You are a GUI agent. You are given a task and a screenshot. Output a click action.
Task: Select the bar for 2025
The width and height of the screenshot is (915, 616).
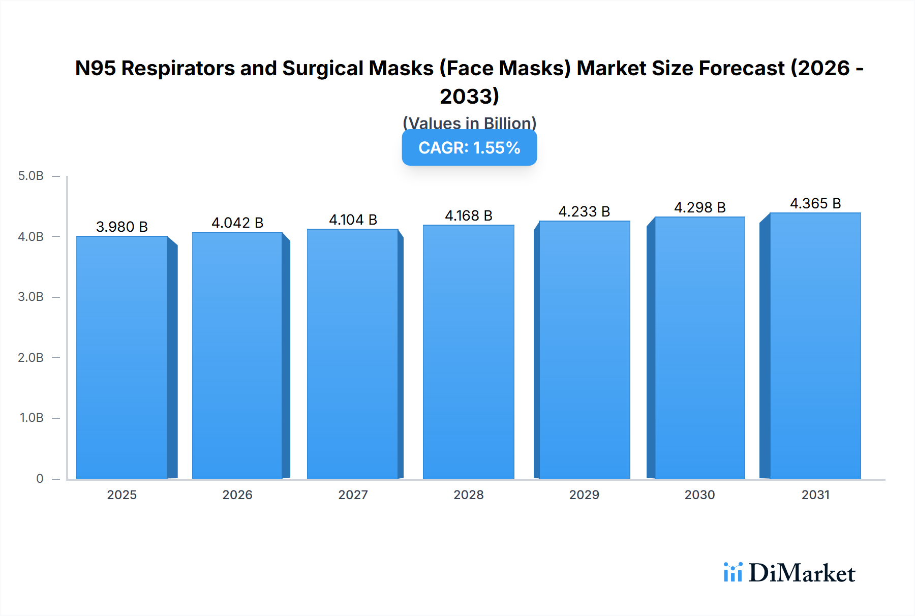(x=122, y=357)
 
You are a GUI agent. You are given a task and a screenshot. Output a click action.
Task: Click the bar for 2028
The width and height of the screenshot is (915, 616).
(x=468, y=352)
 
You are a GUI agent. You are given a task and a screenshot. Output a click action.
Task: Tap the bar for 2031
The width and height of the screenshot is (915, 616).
(x=815, y=346)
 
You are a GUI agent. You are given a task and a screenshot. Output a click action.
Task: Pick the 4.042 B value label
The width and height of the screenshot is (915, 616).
(x=237, y=223)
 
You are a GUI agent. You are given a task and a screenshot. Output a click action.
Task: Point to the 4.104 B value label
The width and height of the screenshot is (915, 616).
(x=353, y=220)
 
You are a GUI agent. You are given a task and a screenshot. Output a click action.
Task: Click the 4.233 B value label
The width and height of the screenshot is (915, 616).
(x=584, y=211)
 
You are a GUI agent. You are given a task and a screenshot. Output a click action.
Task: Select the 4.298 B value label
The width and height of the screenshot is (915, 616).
(x=699, y=207)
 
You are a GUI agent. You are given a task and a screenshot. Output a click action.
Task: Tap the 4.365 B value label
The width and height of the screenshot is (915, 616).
(x=815, y=203)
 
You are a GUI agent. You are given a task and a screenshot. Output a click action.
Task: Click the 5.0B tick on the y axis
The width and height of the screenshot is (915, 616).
(x=31, y=176)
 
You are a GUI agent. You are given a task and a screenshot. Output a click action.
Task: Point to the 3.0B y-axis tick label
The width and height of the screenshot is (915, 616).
(x=31, y=297)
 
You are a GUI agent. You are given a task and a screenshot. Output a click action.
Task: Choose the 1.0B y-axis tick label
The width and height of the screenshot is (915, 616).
(x=32, y=418)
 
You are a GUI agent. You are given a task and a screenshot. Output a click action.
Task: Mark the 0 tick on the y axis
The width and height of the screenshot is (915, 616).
(x=40, y=478)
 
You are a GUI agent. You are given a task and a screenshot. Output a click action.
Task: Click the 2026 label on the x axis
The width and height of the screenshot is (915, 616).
(x=237, y=495)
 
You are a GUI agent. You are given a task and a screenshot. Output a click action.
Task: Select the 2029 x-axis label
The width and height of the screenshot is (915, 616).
(x=584, y=495)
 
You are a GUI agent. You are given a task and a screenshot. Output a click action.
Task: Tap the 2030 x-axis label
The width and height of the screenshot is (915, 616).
(x=699, y=495)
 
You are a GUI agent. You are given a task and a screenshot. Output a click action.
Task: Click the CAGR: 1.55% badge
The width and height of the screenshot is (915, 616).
(x=469, y=148)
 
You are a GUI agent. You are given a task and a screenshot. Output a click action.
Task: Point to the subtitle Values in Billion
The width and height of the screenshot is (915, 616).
(x=469, y=123)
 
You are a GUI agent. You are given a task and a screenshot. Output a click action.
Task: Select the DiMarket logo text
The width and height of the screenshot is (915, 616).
(x=802, y=573)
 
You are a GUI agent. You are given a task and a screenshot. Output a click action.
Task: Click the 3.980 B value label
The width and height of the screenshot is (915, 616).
(x=122, y=227)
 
